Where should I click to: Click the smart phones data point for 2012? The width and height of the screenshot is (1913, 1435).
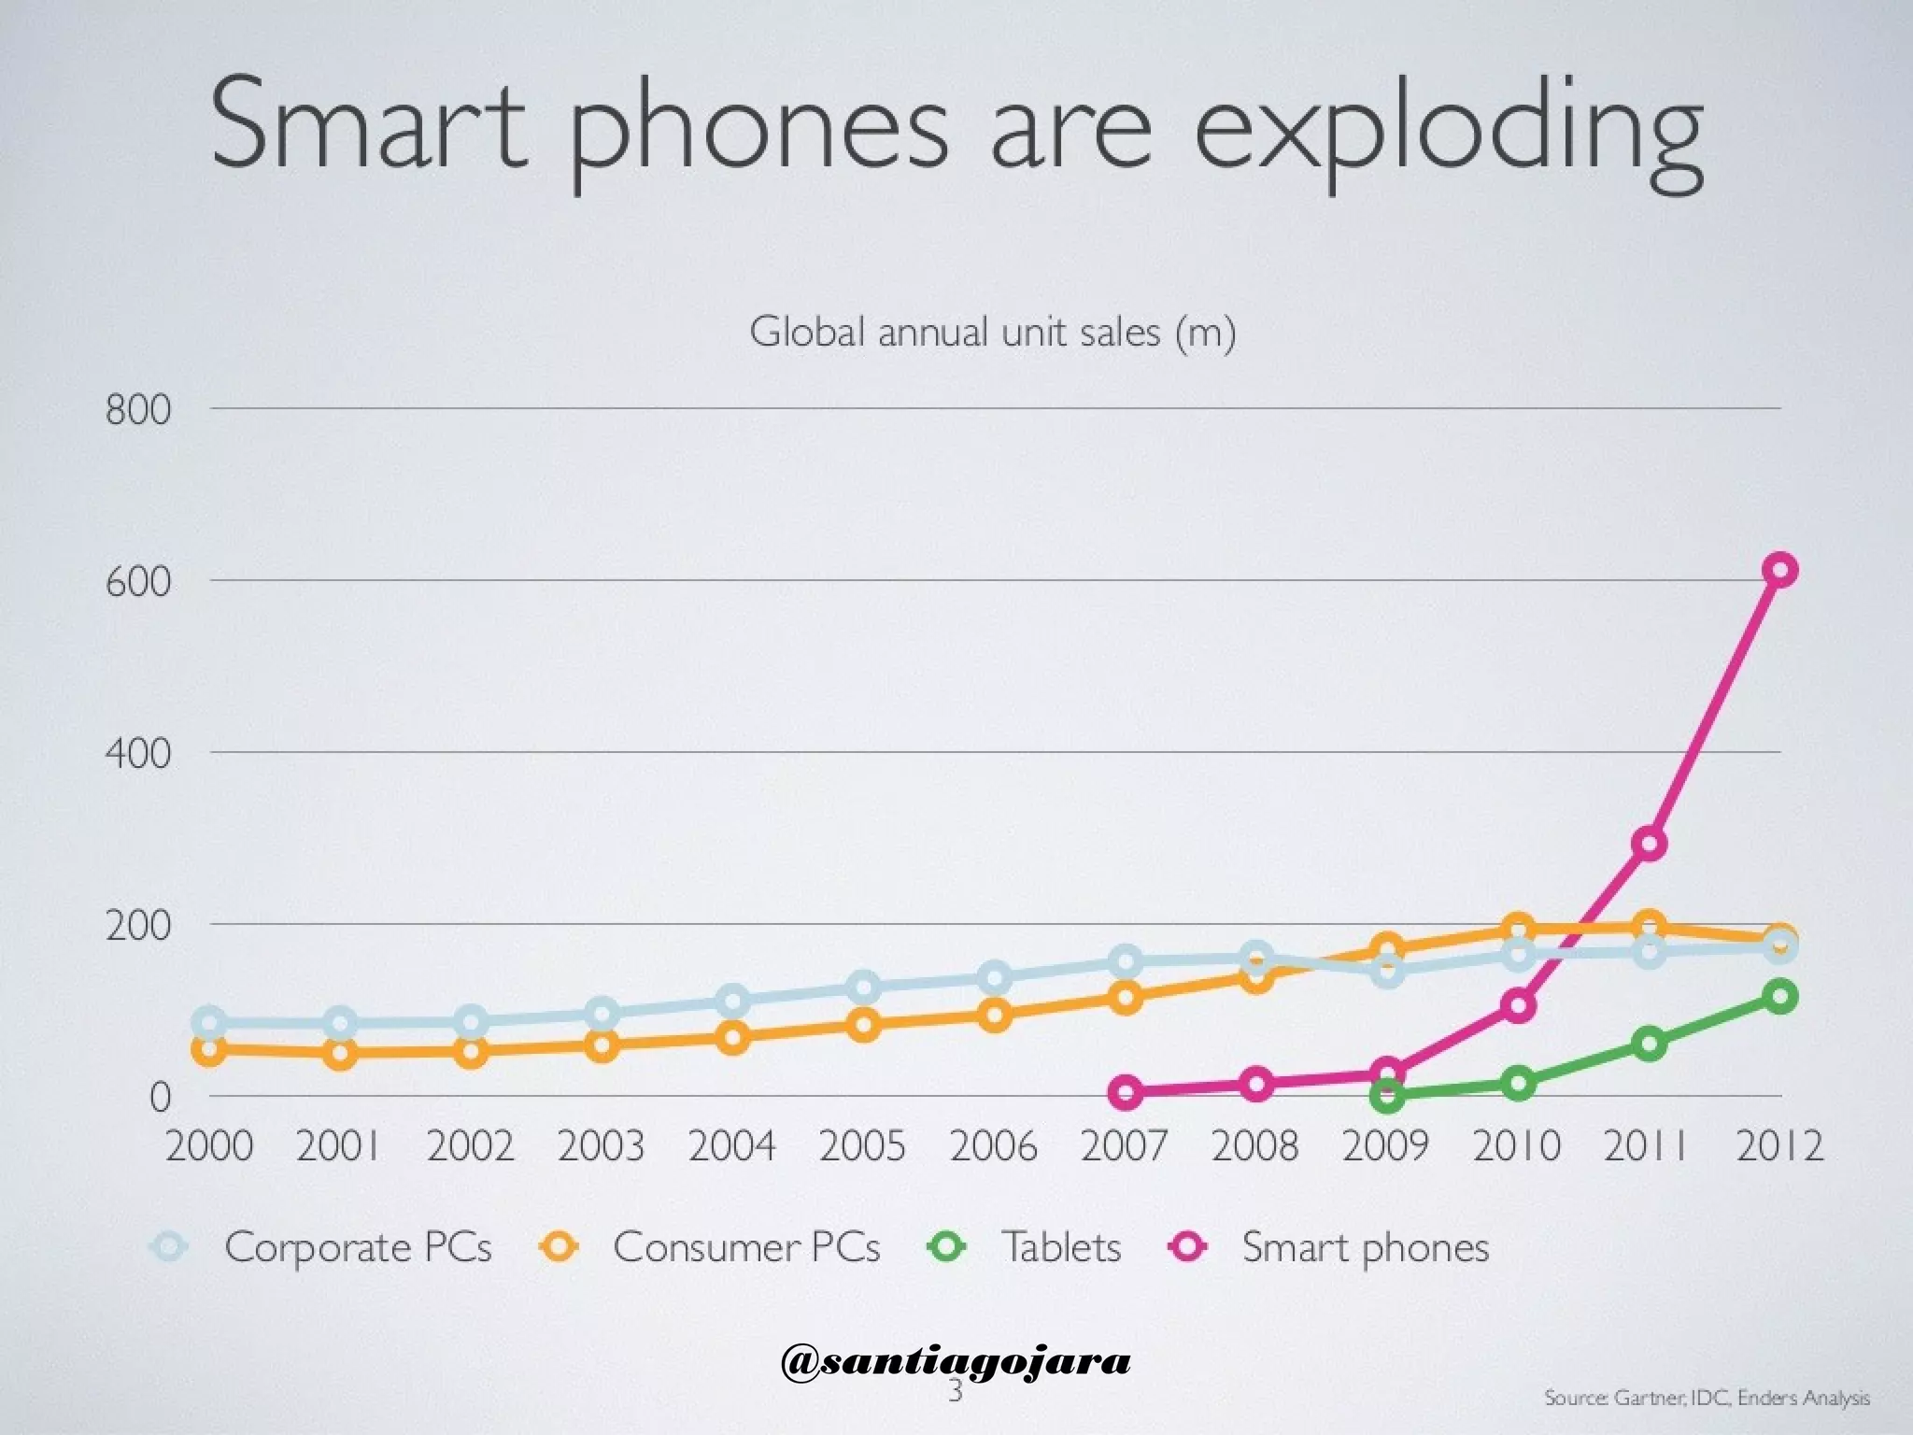[1780, 570]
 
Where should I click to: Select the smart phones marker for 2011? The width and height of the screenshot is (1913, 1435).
[1650, 844]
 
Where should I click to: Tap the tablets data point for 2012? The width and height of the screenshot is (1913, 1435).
[1780, 996]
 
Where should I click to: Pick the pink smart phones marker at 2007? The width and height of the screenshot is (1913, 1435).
[1127, 1092]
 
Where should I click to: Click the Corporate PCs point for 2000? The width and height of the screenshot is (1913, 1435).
[210, 1023]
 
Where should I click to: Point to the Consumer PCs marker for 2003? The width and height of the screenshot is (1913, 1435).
[602, 1044]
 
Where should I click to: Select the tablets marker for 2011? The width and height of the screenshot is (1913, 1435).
[1650, 1044]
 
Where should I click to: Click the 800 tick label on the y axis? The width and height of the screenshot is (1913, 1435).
[138, 410]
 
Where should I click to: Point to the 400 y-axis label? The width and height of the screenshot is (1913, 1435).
[138, 754]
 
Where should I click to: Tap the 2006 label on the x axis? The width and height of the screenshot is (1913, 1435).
[994, 1146]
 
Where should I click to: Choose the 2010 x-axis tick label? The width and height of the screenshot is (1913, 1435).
[1517, 1146]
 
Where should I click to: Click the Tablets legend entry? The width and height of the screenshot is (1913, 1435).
[1061, 1247]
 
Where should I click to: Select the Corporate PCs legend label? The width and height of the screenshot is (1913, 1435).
[358, 1247]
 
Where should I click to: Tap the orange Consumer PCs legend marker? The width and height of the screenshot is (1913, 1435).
[560, 1246]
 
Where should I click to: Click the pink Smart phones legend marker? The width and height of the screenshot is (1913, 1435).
[1189, 1246]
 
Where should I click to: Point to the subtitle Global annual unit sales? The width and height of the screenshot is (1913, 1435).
[993, 332]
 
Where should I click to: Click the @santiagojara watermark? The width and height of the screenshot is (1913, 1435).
[956, 1361]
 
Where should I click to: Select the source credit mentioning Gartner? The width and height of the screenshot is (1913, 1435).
[1707, 1398]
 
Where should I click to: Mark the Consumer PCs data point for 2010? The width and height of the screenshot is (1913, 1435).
[1518, 929]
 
